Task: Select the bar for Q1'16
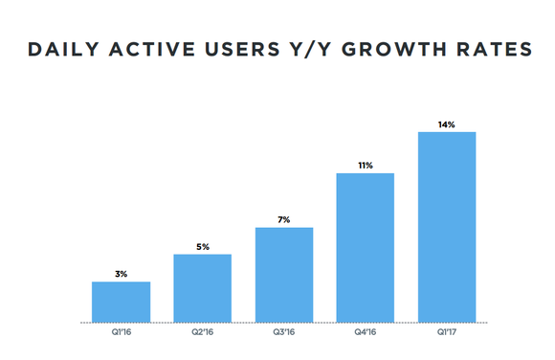pos(121,302)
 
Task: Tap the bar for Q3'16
pos(283,275)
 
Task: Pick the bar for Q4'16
pos(365,247)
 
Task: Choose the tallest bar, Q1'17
pos(447,226)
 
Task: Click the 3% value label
pos(121,274)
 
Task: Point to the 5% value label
pos(202,246)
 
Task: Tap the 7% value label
pos(283,219)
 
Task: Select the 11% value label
pos(365,165)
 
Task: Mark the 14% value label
pos(447,124)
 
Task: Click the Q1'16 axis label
pos(121,334)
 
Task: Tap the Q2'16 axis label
pos(202,334)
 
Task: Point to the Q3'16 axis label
pos(283,334)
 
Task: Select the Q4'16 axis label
pos(365,334)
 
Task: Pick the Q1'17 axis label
pos(447,334)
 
